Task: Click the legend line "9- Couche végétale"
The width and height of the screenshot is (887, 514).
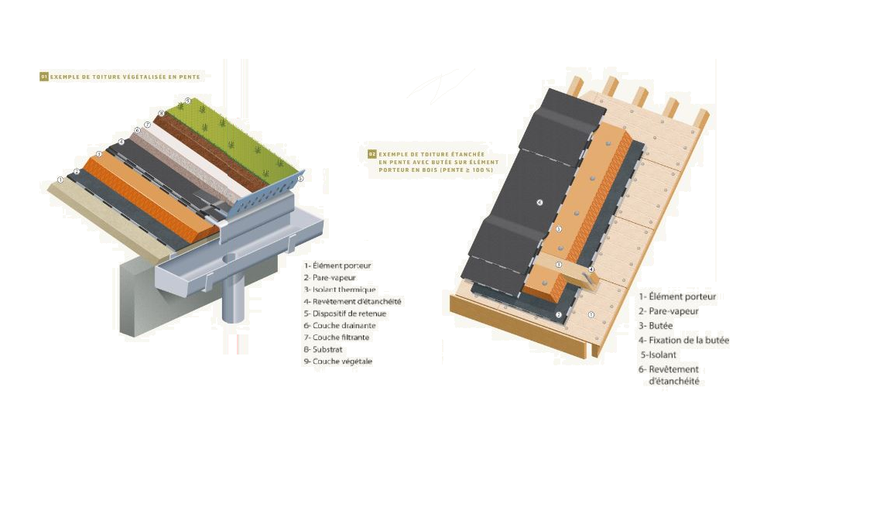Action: click(338, 362)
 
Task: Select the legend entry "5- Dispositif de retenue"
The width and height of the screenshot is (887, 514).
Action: click(345, 314)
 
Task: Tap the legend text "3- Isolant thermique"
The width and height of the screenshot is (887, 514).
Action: click(340, 290)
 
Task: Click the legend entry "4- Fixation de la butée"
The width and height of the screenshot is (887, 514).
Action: click(683, 340)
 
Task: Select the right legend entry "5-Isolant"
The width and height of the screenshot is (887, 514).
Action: click(658, 355)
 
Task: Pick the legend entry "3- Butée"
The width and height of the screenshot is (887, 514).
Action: click(656, 325)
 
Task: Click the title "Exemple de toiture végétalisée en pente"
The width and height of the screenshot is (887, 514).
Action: click(125, 77)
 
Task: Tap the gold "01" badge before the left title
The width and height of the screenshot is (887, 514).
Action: click(43, 77)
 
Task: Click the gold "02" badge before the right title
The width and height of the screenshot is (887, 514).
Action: click(372, 154)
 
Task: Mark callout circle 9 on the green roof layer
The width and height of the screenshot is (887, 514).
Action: click(188, 101)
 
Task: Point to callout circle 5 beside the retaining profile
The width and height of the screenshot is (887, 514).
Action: click(300, 178)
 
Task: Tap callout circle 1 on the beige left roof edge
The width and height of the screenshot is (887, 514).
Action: click(60, 180)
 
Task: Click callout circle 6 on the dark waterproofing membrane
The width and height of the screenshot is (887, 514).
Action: click(539, 203)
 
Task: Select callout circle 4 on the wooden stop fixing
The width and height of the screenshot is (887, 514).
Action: click(591, 270)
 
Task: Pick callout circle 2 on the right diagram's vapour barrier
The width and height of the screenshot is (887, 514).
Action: click(558, 314)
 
